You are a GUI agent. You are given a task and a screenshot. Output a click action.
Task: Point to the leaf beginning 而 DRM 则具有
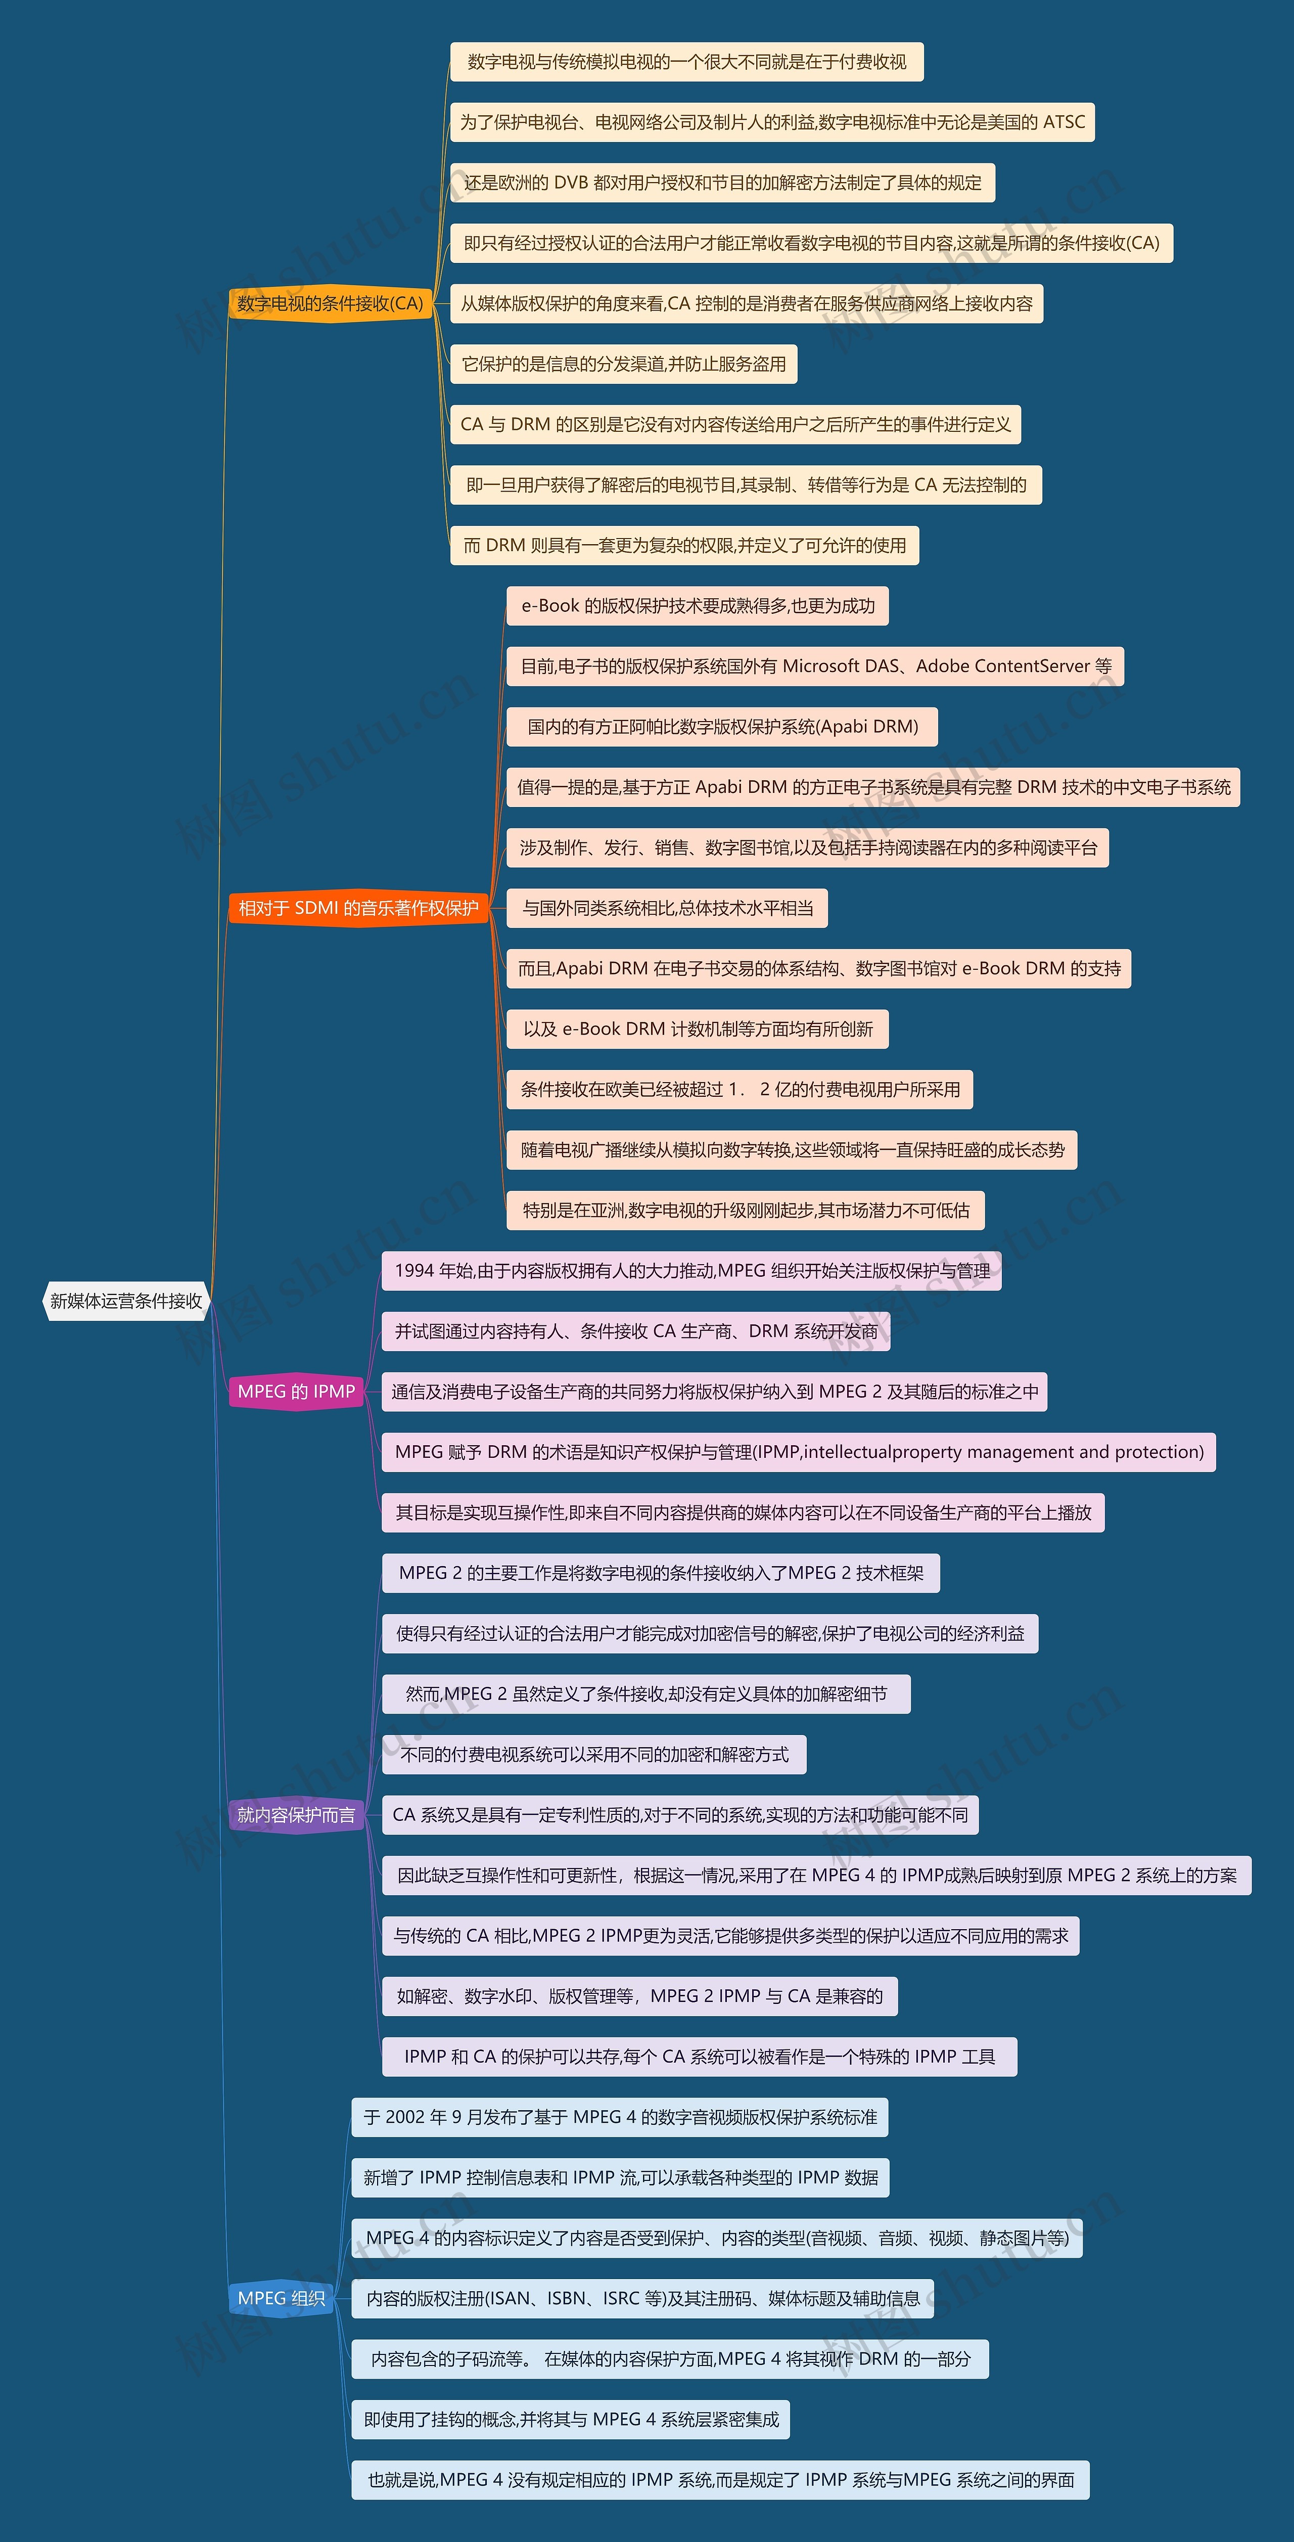pos(684,545)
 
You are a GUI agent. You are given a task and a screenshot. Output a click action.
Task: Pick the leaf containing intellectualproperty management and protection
pos(799,1452)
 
